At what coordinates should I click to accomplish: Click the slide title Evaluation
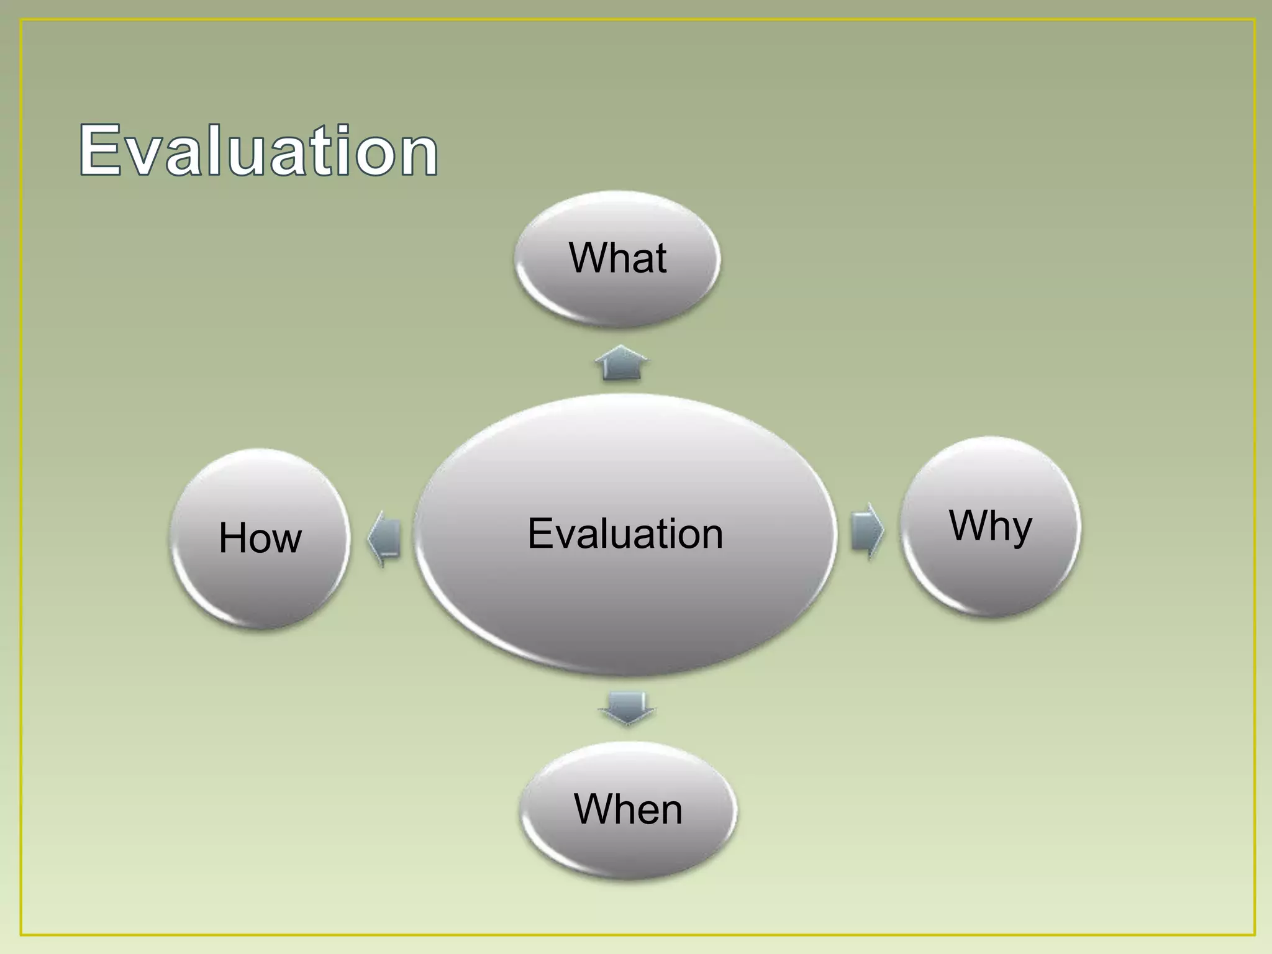tap(258, 150)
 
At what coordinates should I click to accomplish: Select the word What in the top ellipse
tap(618, 258)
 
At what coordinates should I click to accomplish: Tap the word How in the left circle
tap(260, 538)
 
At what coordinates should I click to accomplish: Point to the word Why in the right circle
tap(991, 526)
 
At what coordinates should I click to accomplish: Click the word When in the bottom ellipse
tap(628, 809)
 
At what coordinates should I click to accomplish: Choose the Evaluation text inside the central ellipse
tap(625, 534)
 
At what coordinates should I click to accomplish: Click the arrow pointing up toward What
tap(622, 363)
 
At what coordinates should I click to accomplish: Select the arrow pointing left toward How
tap(384, 538)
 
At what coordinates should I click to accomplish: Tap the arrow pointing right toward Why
tap(866, 532)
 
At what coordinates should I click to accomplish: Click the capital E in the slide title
tap(101, 150)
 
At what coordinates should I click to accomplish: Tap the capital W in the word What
tap(588, 258)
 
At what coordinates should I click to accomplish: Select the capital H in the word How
tap(233, 538)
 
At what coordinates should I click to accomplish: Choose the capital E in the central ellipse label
tap(540, 534)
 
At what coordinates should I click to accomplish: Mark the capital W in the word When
tap(594, 809)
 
